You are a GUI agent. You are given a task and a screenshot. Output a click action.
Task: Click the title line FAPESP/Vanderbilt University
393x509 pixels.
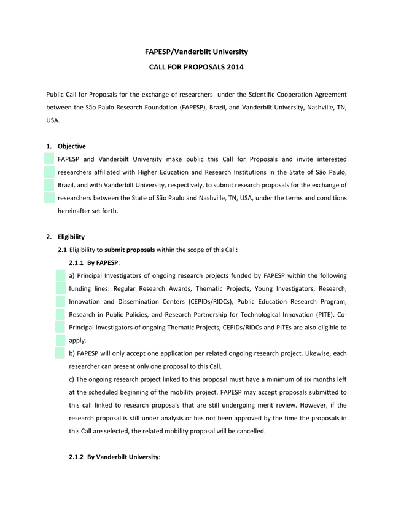pos(196,52)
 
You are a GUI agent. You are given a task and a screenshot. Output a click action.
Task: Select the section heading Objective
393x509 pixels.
pos(72,146)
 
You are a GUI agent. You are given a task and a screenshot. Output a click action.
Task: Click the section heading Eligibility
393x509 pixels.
pos(71,237)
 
